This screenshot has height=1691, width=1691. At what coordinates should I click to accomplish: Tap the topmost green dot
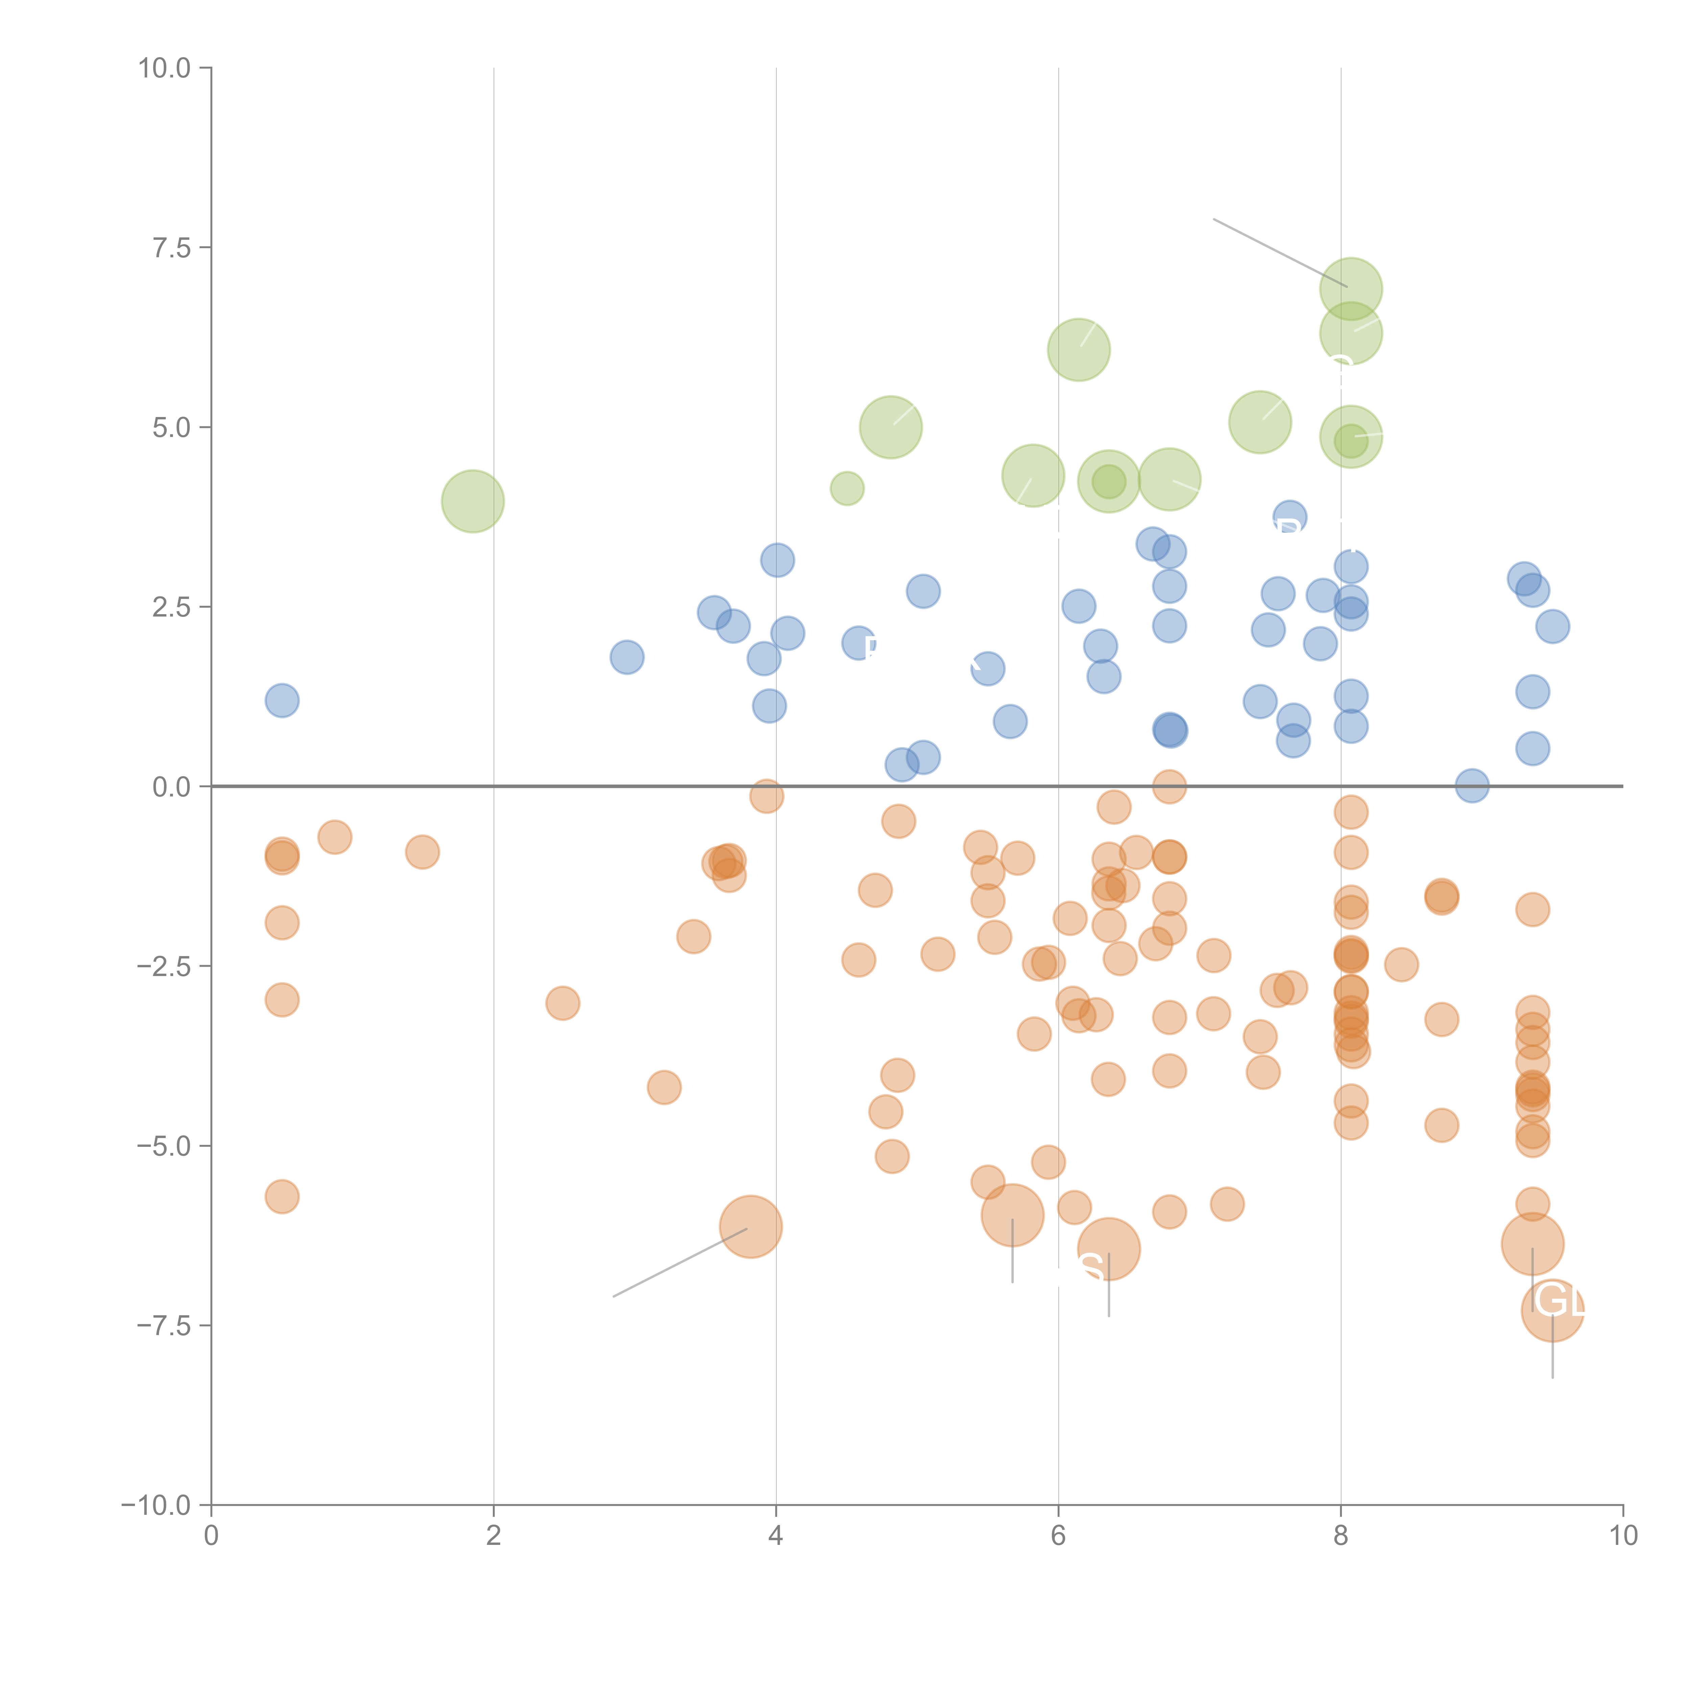click(x=1350, y=289)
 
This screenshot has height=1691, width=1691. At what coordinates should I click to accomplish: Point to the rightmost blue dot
click(x=1552, y=626)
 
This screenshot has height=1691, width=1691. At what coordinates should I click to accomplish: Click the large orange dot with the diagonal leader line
click(x=750, y=1226)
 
